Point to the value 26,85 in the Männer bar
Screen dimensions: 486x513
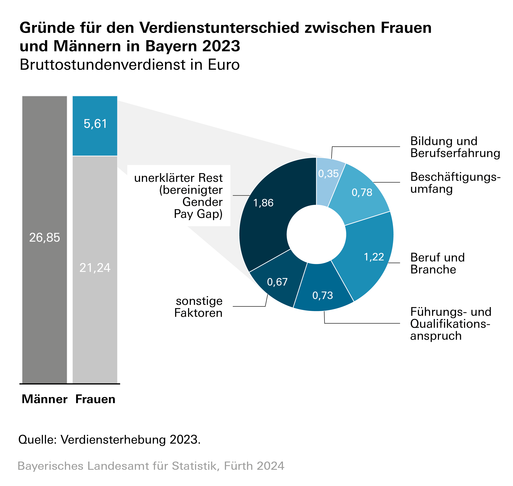[x=45, y=238]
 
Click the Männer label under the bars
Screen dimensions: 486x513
[x=45, y=399]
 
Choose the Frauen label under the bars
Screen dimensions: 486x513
[x=95, y=399]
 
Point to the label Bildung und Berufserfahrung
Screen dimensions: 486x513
[x=455, y=147]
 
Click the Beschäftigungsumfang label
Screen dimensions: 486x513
[x=455, y=183]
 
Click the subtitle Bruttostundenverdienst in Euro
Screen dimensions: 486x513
[x=130, y=65]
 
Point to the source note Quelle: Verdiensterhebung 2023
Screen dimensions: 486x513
[x=109, y=440]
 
